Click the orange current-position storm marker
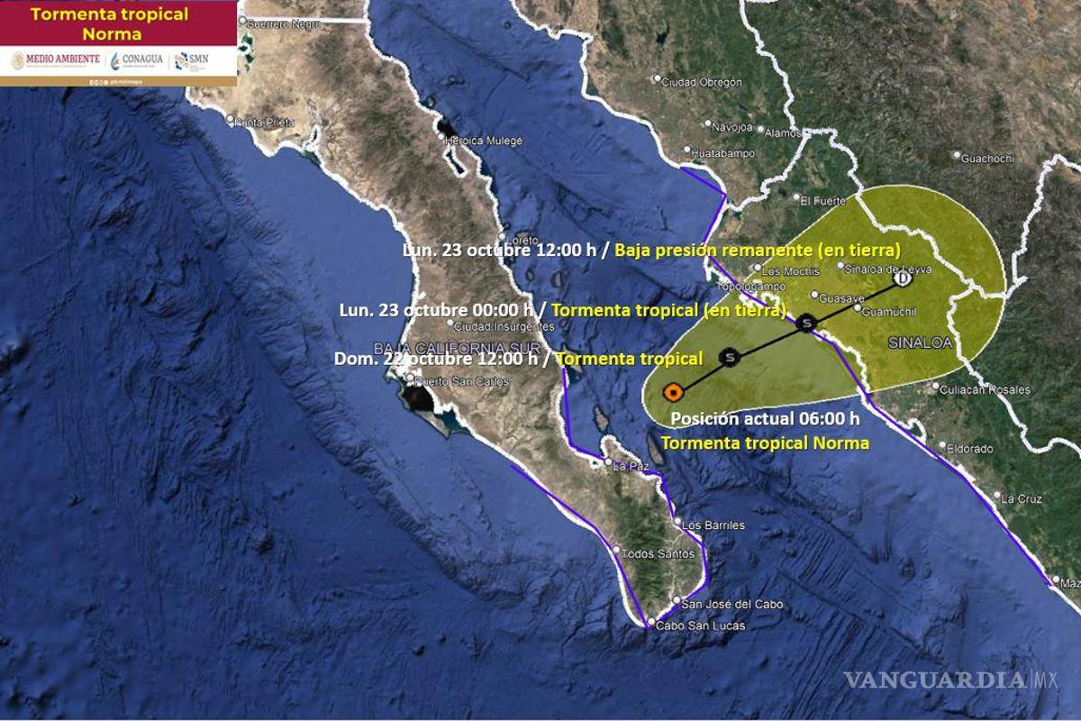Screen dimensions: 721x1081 click(x=672, y=392)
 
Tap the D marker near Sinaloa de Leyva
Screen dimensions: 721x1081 click(x=903, y=279)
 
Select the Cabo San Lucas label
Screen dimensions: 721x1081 click(x=700, y=625)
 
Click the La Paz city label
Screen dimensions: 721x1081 click(x=631, y=466)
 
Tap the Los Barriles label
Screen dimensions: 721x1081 click(x=713, y=525)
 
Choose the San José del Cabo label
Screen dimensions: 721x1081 click(x=732, y=604)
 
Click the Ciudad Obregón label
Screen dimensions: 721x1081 click(x=702, y=82)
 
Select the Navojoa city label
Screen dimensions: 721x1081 click(x=732, y=127)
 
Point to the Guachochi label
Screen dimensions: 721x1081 click(x=987, y=159)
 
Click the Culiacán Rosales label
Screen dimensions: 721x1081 click(x=985, y=390)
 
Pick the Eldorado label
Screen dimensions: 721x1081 click(x=969, y=448)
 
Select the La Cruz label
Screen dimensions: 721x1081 click(x=1022, y=498)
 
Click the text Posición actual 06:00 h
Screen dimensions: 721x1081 click(x=765, y=418)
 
